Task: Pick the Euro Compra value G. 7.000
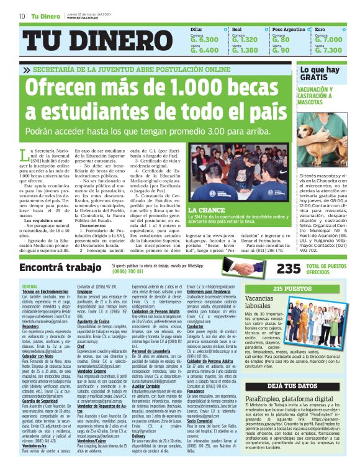pos(328,40)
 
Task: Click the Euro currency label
pos(320,29)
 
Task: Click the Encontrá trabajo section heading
pos(60,268)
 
